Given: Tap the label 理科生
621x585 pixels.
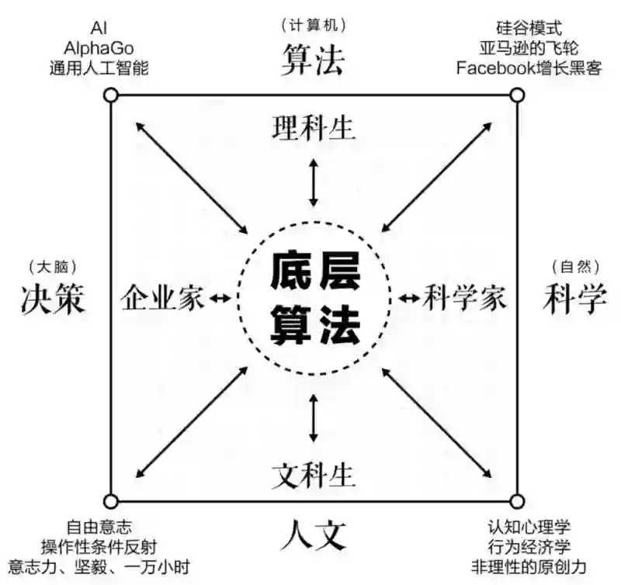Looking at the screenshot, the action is pyautogui.click(x=314, y=128).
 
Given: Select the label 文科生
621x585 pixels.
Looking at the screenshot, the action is pyautogui.click(x=314, y=472).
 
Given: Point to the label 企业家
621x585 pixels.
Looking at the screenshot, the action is pyautogui.click(x=163, y=298).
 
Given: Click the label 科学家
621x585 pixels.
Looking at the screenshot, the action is pyautogui.click(x=465, y=298).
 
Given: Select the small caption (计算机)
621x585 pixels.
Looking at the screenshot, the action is pyautogui.click(x=312, y=26).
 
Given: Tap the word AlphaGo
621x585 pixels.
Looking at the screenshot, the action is pyautogui.click(x=99, y=48).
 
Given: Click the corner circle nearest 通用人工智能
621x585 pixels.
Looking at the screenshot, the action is pyautogui.click(x=111, y=95).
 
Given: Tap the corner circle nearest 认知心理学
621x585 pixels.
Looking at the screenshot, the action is pyautogui.click(x=516, y=500).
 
